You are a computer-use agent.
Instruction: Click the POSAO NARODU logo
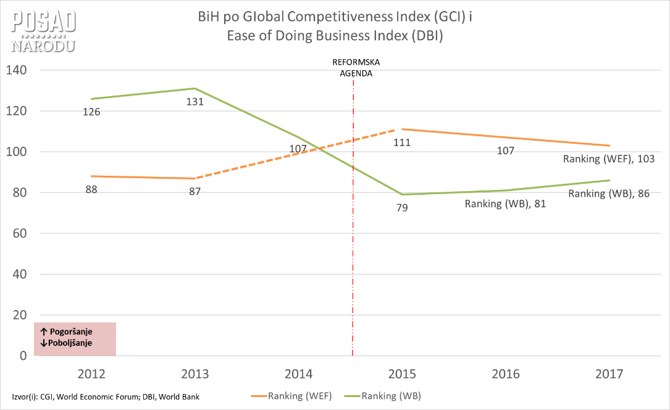(44, 31)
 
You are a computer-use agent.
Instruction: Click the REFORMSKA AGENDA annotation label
(356, 67)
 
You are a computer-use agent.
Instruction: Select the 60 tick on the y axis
(19, 234)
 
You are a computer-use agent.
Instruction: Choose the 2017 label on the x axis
(609, 374)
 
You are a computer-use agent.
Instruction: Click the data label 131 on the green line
(195, 102)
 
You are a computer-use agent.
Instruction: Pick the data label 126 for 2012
(91, 112)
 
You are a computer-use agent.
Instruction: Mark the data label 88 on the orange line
(91, 190)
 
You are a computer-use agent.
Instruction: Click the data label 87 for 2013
(195, 192)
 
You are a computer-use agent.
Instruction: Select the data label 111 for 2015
(402, 142)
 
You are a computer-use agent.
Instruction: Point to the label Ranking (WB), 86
(609, 194)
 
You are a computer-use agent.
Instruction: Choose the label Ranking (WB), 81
(505, 204)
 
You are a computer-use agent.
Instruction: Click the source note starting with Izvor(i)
(105, 396)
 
